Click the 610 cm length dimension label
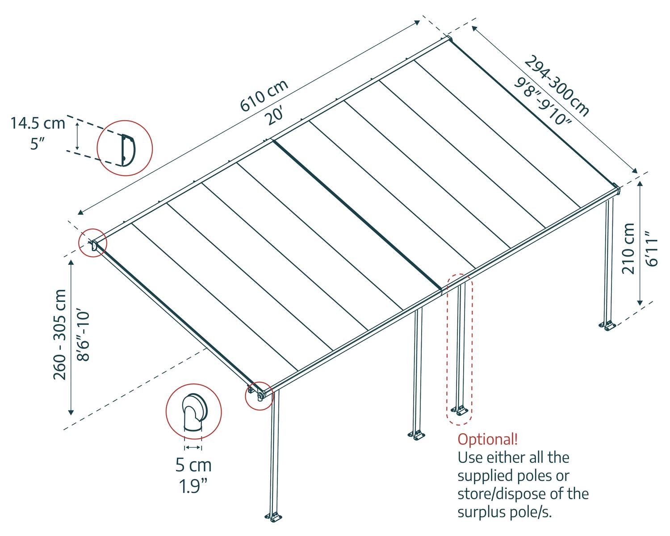[264, 96]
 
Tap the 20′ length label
[273, 117]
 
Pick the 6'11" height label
[652, 249]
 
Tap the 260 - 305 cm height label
[60, 335]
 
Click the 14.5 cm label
[38, 123]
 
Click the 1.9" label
[193, 486]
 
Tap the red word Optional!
[488, 439]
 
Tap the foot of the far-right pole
[609, 326]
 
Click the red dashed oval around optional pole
[460, 348]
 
